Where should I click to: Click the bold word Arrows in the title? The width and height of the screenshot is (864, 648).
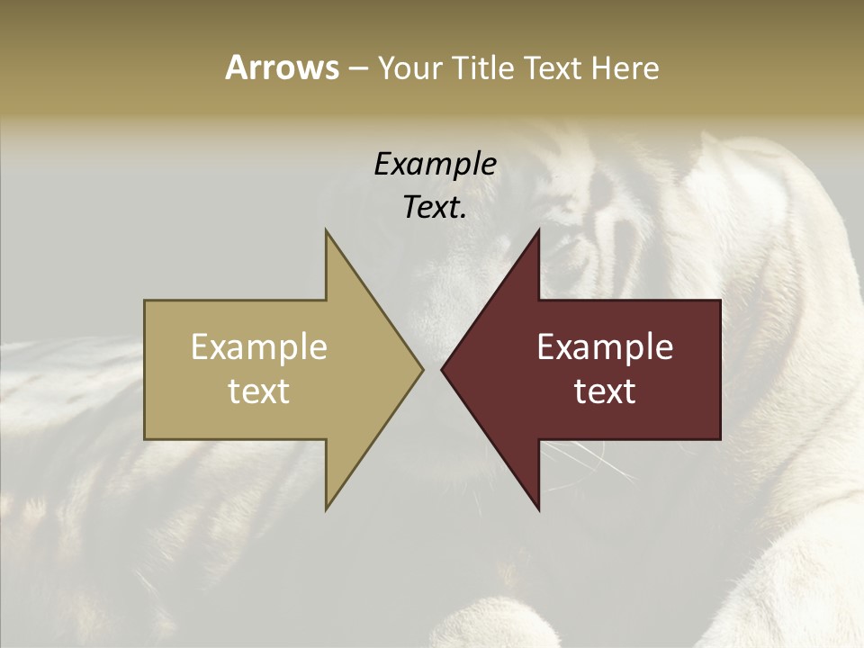pos(282,67)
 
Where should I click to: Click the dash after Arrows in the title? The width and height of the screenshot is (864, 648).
pos(357,68)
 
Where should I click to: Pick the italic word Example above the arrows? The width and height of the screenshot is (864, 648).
pos(435,165)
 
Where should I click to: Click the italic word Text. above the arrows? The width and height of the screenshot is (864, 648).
pos(435,207)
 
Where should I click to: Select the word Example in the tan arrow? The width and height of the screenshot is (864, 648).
pos(259,347)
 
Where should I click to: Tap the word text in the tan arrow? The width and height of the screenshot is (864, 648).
pos(259,391)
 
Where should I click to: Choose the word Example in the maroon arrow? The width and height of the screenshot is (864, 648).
pos(605,347)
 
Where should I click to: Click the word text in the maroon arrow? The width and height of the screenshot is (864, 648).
pos(605,391)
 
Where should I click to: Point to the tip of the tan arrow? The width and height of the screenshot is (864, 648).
pos(421,369)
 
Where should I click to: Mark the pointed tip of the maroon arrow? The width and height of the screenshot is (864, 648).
pos(443,369)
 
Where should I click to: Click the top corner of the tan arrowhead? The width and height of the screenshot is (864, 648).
pos(327,232)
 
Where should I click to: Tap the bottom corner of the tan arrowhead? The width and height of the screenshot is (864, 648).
pos(327,508)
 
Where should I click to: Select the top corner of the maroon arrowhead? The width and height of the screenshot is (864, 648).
pos(538,232)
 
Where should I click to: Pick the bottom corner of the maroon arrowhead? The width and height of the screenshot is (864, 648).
pos(538,508)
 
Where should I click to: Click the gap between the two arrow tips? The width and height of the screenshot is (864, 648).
pos(432,369)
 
